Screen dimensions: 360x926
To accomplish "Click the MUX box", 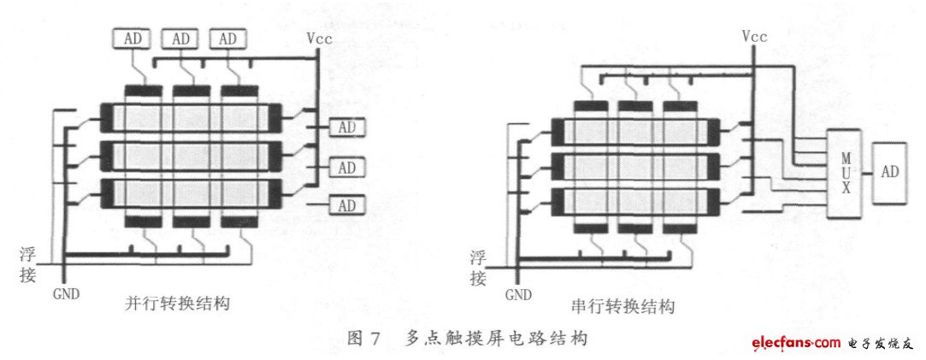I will [x=843, y=173].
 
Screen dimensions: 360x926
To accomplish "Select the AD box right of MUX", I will [x=890, y=172].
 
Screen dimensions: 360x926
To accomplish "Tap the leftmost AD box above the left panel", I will [x=133, y=39].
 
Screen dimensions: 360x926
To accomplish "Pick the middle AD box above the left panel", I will [x=180, y=39].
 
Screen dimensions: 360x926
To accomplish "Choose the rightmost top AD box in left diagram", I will [x=227, y=39].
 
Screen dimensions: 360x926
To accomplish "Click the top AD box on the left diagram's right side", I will [x=346, y=127].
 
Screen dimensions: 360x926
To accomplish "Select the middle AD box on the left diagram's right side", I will [x=346, y=167].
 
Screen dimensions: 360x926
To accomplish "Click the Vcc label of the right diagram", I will [x=755, y=37].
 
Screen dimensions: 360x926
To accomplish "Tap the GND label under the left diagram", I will [x=65, y=293].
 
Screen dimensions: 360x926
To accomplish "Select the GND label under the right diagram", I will [x=518, y=295].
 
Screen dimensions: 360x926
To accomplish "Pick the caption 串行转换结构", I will [x=622, y=306].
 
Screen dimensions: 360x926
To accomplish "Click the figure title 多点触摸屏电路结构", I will [x=496, y=339].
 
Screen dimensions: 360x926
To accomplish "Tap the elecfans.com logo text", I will [x=796, y=343].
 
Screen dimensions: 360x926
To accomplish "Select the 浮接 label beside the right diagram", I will [x=479, y=267].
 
